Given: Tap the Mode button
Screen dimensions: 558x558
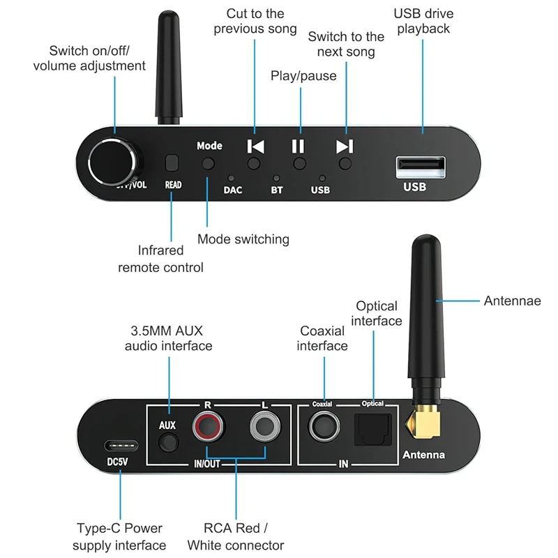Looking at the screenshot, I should pyautogui.click(x=209, y=164).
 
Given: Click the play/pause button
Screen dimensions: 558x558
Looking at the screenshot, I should pyautogui.click(x=299, y=164).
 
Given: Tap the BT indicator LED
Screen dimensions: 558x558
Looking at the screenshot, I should pyautogui.click(x=276, y=179).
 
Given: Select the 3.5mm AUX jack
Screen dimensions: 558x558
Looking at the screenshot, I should pyautogui.click(x=167, y=442).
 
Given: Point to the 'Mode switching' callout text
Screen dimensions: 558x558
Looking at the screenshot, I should pyautogui.click(x=243, y=239).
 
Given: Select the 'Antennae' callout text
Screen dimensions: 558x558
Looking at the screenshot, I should pyautogui.click(x=512, y=301).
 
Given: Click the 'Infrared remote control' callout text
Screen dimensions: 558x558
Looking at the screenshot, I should pyautogui.click(x=160, y=259).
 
